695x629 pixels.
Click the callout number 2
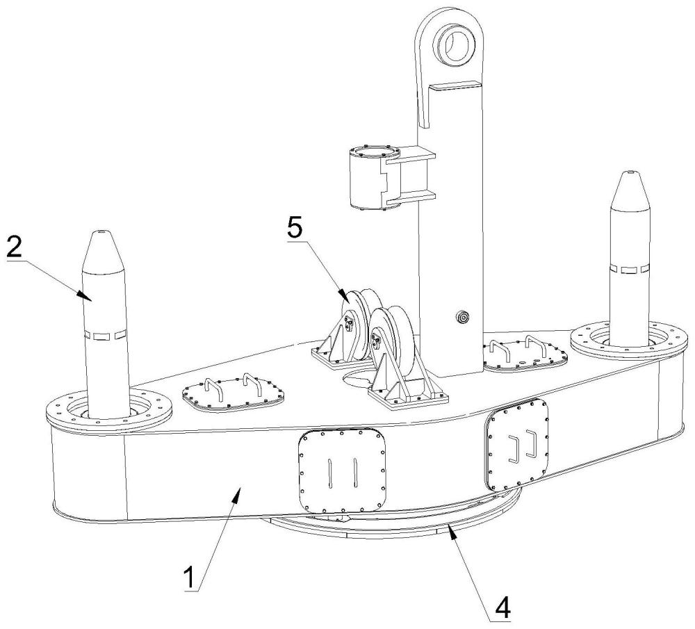tap(14, 248)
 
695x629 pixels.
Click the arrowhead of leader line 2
tap(84, 295)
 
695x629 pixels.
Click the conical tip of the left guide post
tap(103, 251)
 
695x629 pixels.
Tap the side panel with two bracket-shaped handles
tap(517, 444)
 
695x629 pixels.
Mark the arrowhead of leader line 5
tap(343, 295)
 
